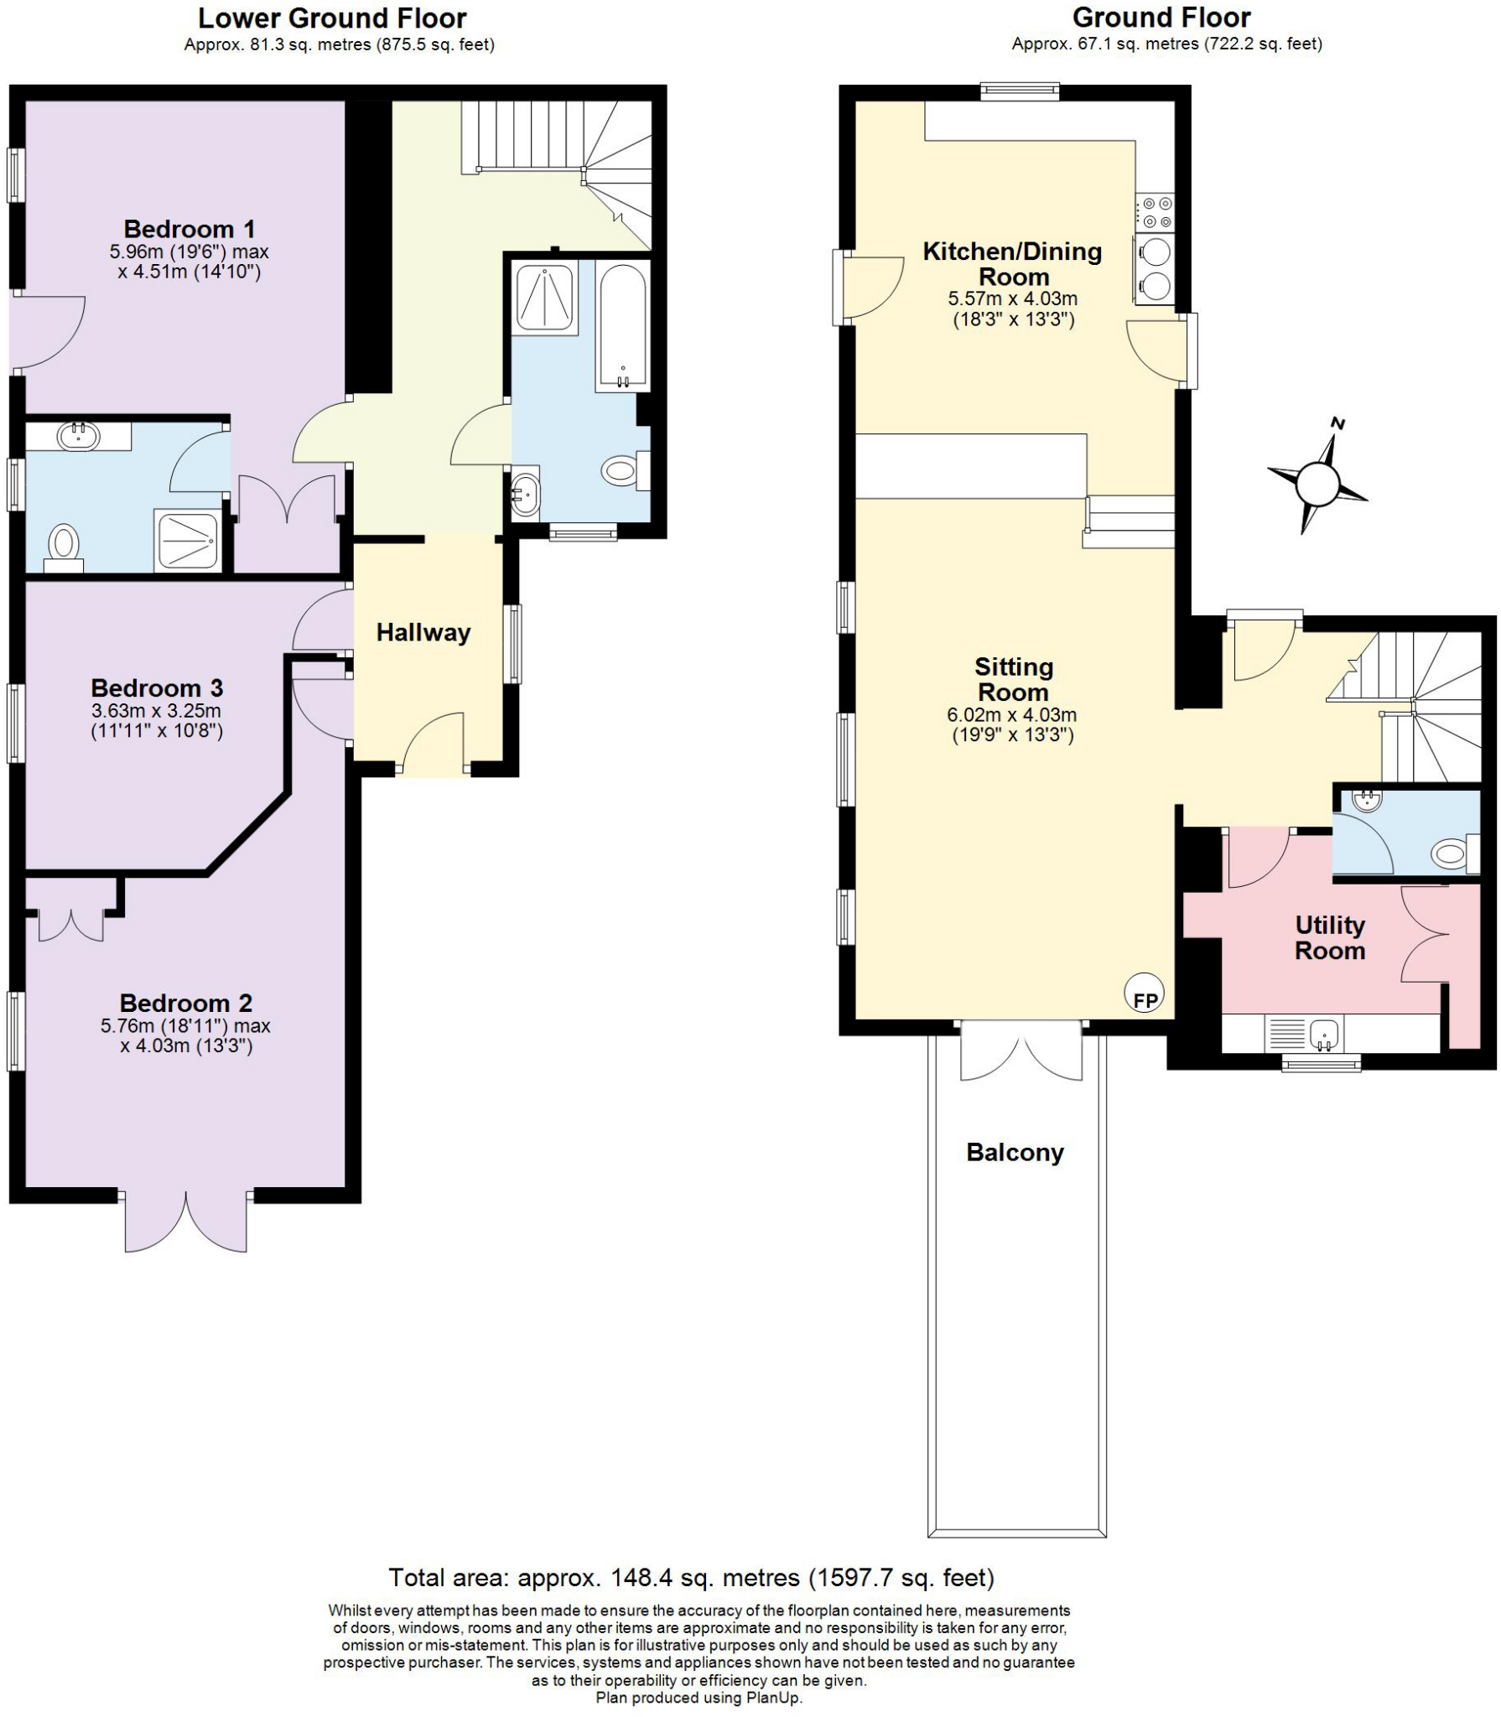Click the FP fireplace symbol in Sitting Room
point(1145,993)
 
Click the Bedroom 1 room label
point(190,229)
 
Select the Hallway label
point(423,632)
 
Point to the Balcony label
point(1015,1152)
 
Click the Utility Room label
point(1330,937)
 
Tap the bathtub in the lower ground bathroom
point(622,325)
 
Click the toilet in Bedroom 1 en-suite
point(63,543)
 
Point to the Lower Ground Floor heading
point(332,18)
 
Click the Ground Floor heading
point(1161,17)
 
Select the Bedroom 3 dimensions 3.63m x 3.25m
point(157,711)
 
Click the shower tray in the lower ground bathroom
point(546,298)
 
